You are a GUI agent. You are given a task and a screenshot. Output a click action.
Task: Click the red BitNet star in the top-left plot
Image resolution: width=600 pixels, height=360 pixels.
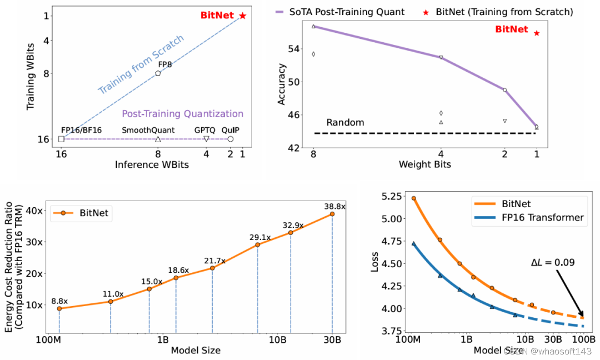click(x=242, y=16)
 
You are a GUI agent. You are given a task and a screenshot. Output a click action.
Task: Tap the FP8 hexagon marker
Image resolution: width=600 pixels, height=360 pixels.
click(x=158, y=73)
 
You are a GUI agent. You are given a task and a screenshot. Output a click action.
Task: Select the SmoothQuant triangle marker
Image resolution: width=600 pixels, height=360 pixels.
click(x=158, y=139)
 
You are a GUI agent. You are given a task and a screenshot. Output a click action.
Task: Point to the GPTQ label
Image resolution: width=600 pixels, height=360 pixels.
click(x=205, y=129)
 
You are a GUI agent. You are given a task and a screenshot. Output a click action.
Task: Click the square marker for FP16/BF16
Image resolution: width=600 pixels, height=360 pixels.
click(x=61, y=139)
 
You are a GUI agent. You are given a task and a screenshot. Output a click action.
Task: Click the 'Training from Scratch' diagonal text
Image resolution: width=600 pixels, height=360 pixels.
click(x=141, y=65)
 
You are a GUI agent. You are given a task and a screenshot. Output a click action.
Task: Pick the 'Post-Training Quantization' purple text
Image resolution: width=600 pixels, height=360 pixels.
click(x=182, y=114)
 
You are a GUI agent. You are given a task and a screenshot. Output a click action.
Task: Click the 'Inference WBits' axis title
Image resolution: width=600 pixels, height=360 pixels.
click(x=152, y=164)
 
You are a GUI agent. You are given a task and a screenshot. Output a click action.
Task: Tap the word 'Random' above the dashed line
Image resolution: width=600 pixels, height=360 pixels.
click(x=345, y=122)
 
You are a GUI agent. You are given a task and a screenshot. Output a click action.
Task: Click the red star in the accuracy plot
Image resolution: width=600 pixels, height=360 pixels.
click(x=537, y=33)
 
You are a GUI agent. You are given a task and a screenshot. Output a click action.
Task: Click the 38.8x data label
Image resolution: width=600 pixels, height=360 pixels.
click(x=335, y=206)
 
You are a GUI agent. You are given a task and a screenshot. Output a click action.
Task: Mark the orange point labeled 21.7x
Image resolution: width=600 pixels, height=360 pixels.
click(x=212, y=268)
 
